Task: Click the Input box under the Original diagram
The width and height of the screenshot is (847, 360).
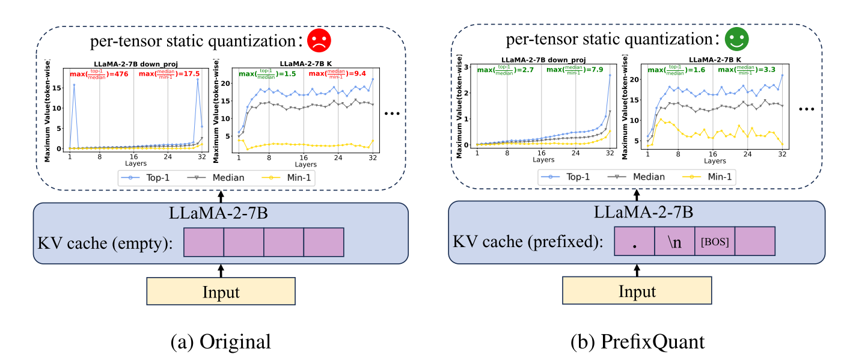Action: click(x=221, y=293)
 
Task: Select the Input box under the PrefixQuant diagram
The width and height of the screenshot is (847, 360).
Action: click(x=637, y=293)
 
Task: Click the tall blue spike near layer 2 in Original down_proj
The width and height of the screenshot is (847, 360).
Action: click(x=74, y=85)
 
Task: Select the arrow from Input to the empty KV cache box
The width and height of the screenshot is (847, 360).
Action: click(x=221, y=270)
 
